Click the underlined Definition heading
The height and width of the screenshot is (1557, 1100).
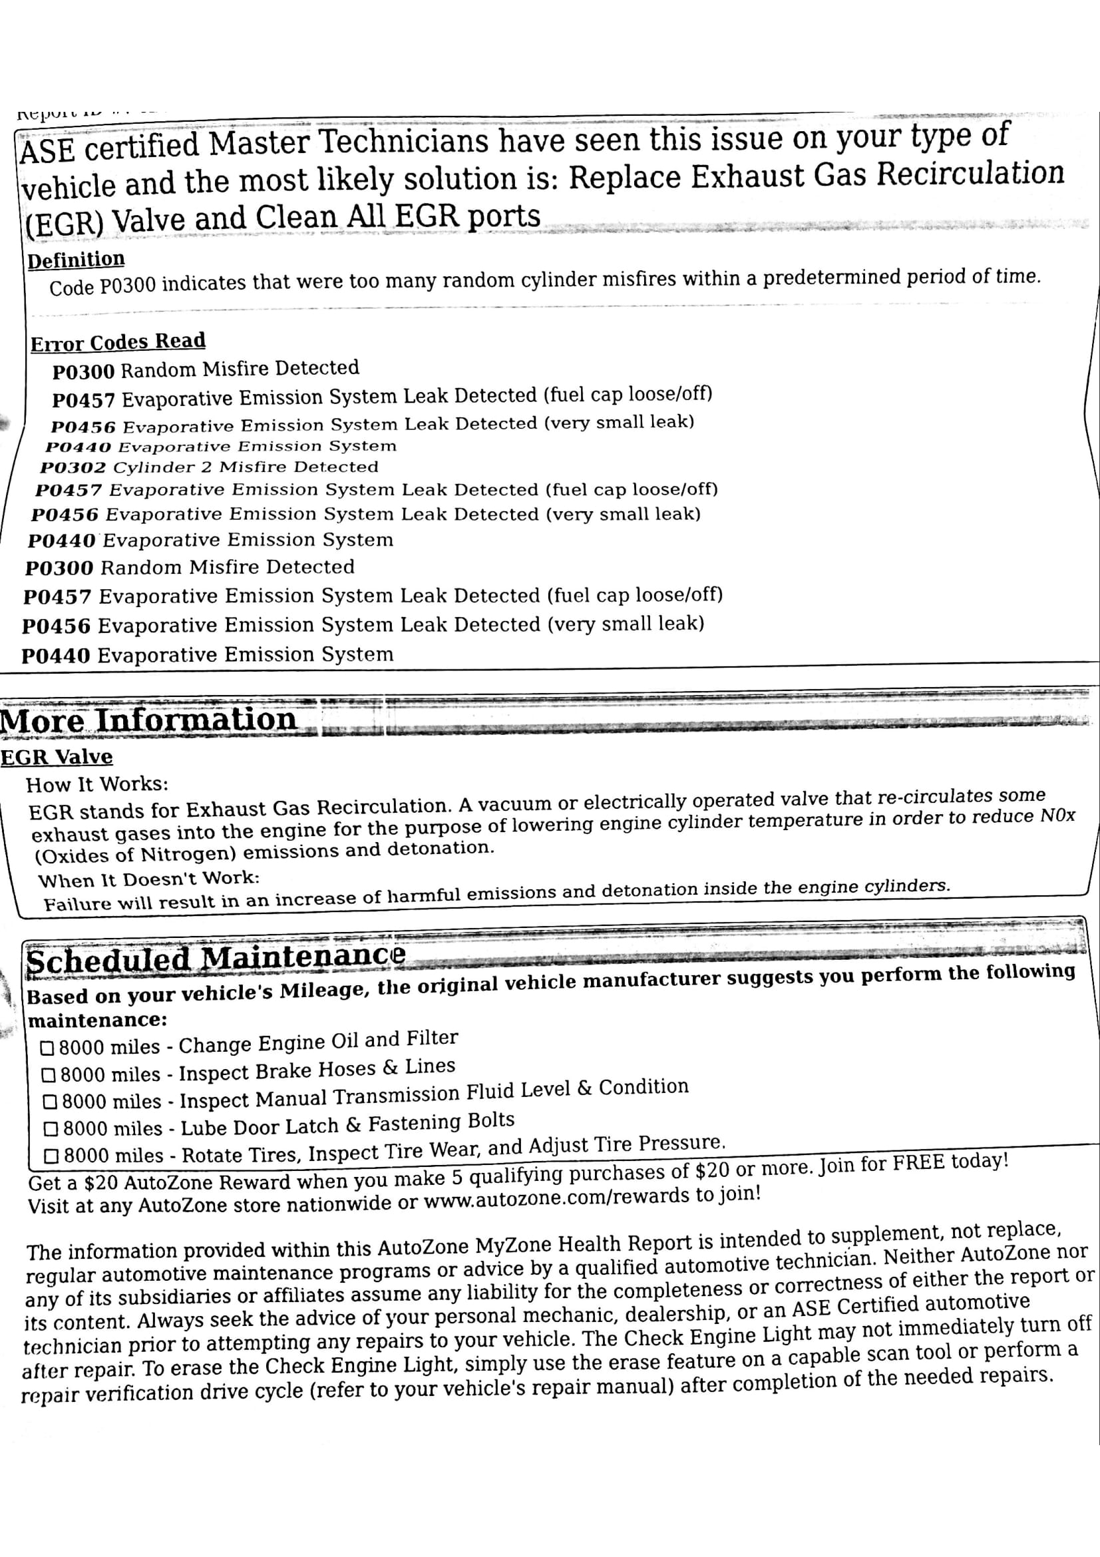(x=76, y=260)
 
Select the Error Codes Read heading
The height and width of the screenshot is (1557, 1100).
(x=118, y=341)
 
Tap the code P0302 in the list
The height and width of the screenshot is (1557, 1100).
(x=73, y=468)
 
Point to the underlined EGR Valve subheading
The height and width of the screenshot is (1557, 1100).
(x=57, y=758)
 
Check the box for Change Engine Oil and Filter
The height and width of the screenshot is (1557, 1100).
(x=47, y=1048)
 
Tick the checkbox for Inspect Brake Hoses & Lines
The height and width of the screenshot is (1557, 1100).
(x=49, y=1076)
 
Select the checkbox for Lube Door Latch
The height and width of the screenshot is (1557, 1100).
(x=51, y=1129)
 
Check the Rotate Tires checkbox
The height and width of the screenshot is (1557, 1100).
(x=51, y=1156)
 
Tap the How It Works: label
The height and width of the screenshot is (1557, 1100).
(x=97, y=785)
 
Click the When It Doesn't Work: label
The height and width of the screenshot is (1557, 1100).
(x=148, y=879)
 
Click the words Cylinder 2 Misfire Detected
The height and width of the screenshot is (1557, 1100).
(x=246, y=467)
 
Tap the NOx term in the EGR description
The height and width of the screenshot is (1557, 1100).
(x=1057, y=816)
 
